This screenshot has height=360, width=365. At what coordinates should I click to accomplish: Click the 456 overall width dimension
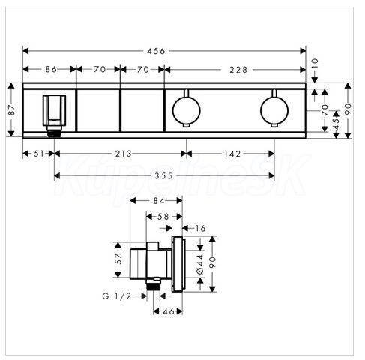tap(156, 51)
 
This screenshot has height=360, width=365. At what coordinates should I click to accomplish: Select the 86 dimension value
tap(51, 69)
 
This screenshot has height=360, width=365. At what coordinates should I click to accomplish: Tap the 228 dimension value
tap(238, 70)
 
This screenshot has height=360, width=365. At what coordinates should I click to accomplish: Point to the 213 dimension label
tap(124, 154)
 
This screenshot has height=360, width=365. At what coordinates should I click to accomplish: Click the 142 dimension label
tap(232, 154)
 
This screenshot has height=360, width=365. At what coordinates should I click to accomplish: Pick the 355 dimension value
tap(163, 176)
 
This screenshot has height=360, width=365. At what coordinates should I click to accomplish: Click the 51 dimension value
tap(39, 154)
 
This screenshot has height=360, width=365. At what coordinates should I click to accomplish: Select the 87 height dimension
tap(11, 109)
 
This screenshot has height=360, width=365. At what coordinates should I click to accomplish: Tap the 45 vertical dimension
tap(337, 124)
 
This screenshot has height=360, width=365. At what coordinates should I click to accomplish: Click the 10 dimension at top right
tap(315, 64)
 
